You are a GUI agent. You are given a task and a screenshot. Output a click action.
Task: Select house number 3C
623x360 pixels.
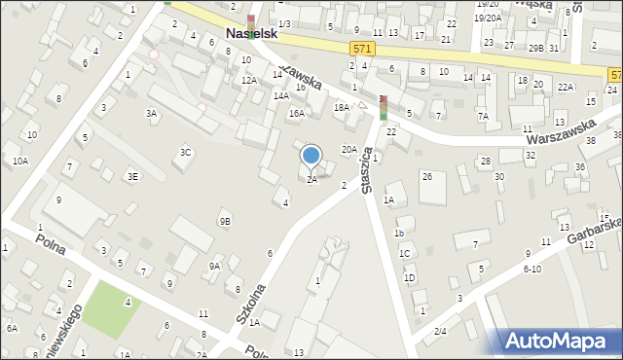[185, 152]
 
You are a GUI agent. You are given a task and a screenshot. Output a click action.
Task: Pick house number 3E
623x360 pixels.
[132, 176]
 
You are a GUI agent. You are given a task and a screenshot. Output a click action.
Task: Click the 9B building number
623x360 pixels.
[225, 221]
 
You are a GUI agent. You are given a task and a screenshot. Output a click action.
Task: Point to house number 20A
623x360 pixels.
[348, 149]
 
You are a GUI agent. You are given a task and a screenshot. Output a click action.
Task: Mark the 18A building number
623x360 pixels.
[341, 108]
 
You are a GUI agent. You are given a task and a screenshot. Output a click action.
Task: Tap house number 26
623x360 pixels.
[426, 176]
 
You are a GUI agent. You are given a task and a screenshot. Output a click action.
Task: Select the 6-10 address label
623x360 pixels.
[531, 269]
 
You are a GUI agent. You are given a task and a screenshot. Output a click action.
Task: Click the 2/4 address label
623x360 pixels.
[440, 332]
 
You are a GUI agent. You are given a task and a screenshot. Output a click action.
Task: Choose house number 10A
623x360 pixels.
[20, 162]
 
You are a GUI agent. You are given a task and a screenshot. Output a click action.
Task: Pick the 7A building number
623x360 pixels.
[482, 117]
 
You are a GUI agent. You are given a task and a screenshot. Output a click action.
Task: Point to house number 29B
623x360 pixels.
[536, 48]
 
